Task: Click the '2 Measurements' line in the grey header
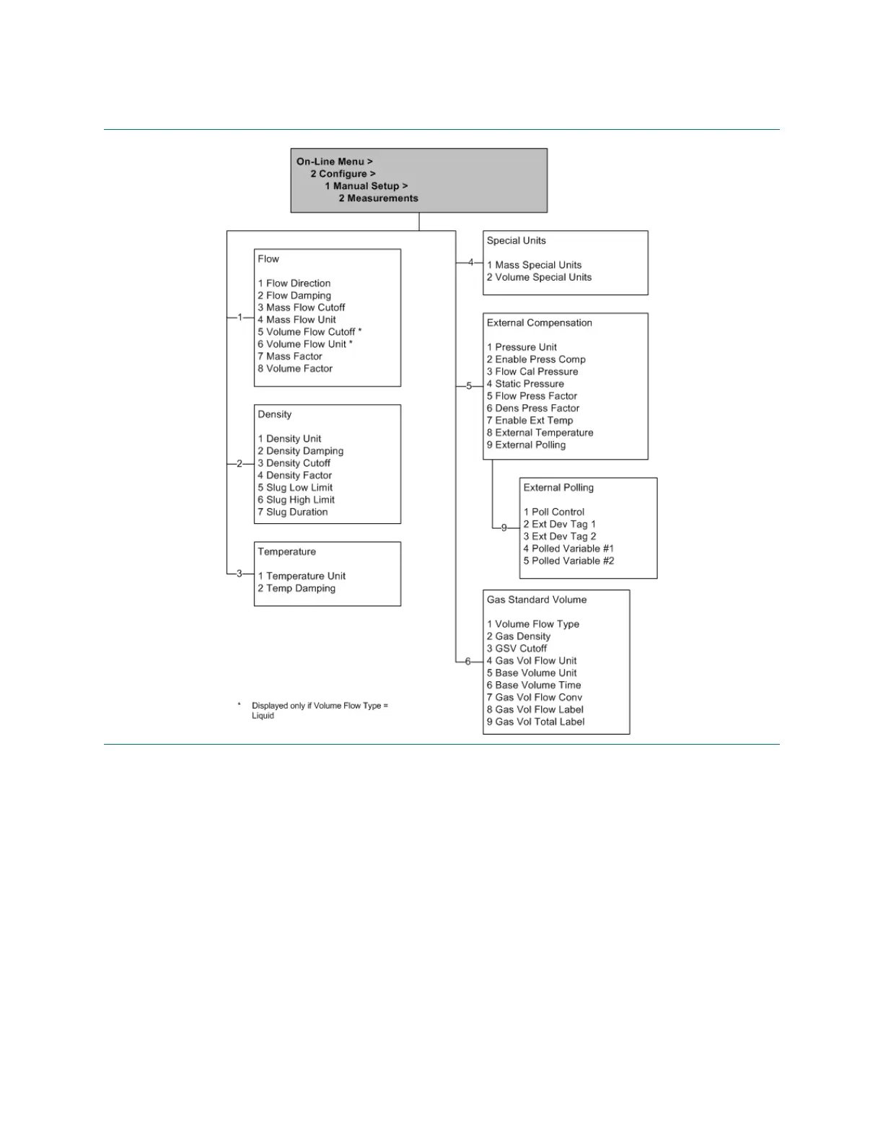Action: (378, 198)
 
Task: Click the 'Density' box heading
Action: (275, 415)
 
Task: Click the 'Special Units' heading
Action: (516, 241)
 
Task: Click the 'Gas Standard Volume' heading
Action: (536, 600)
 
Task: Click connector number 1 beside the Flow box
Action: (240, 317)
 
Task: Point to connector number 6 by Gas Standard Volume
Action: (468, 662)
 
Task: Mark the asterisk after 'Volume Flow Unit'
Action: (351, 343)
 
